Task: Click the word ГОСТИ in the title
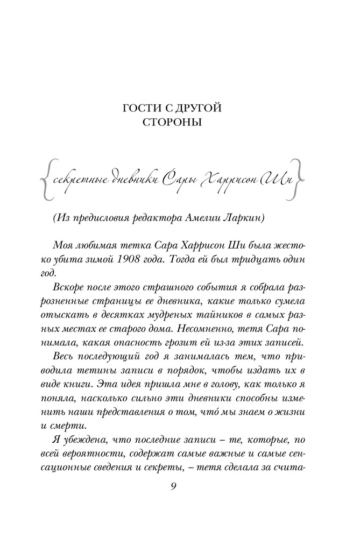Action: [142, 109]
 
